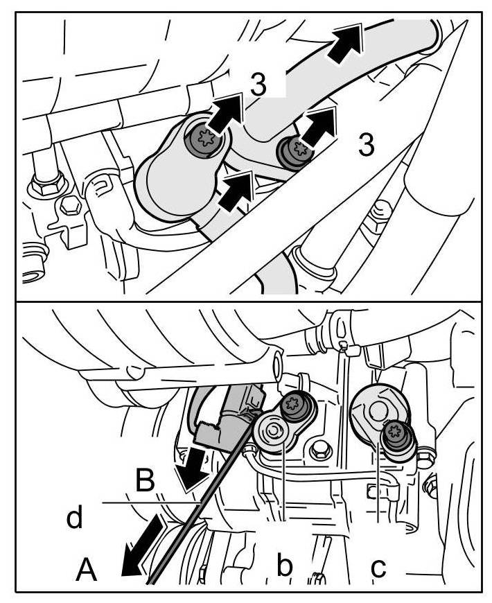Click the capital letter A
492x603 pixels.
click(x=86, y=570)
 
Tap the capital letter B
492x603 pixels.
click(x=143, y=480)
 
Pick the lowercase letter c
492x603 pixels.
click(x=378, y=567)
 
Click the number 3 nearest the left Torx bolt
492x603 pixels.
click(x=257, y=85)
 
